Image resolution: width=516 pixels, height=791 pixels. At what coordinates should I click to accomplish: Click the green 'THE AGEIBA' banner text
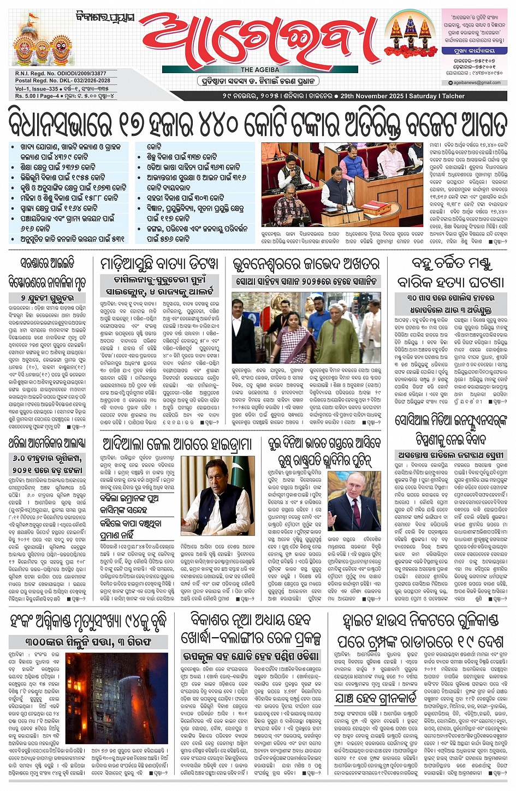pyautogui.click(x=260, y=70)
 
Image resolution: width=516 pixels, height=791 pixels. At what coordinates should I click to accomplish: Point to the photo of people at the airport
pyautogui.click(x=306, y=328)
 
